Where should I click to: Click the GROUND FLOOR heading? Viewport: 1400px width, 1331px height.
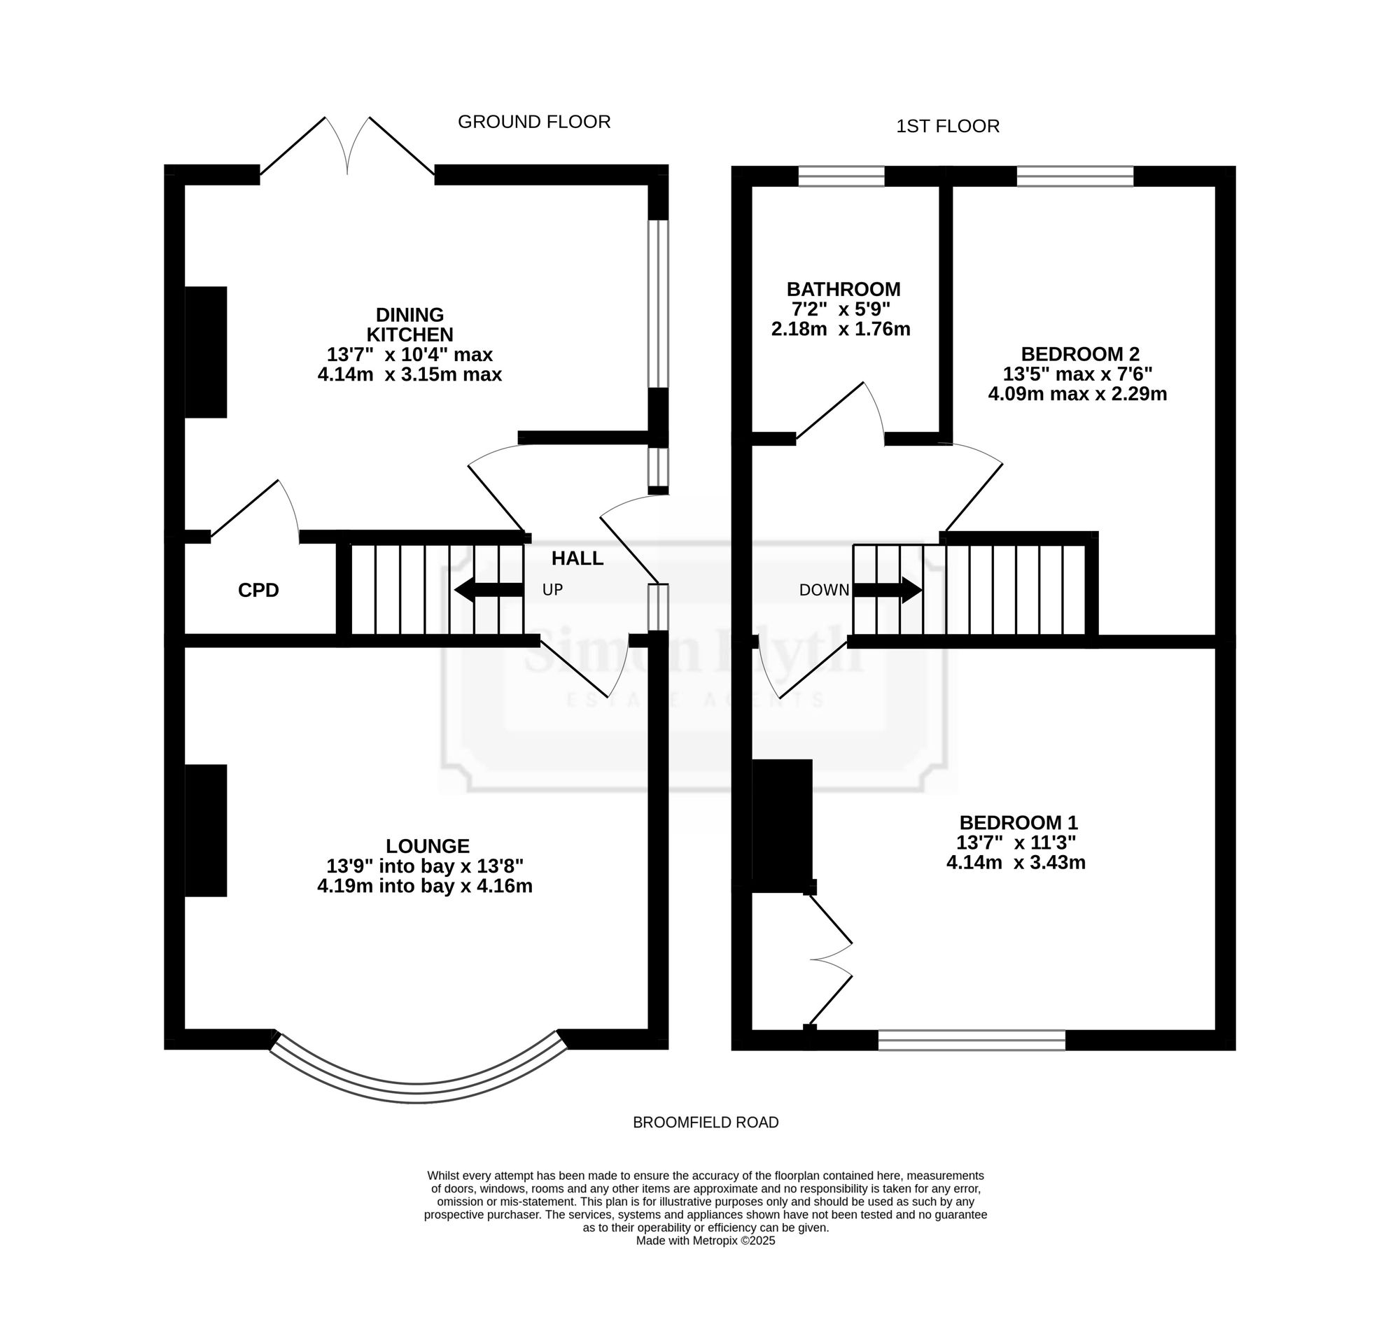[x=533, y=122]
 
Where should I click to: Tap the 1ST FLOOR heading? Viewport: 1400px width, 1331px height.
[x=947, y=126]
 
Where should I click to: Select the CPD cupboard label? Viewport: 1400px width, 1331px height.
[x=258, y=590]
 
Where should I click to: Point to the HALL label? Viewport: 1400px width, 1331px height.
[x=577, y=558]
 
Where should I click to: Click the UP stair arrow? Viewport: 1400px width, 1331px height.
[x=489, y=590]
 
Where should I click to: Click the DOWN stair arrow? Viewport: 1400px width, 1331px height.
[x=888, y=591]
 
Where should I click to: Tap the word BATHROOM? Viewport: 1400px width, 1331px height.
[x=843, y=290]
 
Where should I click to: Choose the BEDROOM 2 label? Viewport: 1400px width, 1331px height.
[x=1080, y=354]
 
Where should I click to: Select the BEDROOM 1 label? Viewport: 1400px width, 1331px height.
[x=1018, y=823]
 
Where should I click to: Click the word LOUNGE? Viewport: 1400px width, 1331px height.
[x=428, y=847]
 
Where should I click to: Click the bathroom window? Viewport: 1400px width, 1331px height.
[x=841, y=176]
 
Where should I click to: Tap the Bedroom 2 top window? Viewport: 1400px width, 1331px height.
[x=1075, y=176]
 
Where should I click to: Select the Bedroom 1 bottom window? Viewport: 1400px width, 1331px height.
[x=972, y=1040]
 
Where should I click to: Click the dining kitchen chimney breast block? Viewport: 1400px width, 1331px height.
[x=206, y=352]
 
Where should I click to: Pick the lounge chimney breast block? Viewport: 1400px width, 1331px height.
[x=206, y=831]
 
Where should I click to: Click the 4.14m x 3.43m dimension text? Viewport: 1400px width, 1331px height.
[x=1016, y=863]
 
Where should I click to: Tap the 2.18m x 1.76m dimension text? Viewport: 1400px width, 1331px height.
[x=841, y=329]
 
